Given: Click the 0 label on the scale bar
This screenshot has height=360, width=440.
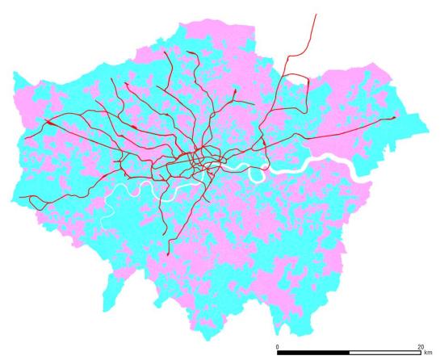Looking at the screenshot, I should (x=277, y=346).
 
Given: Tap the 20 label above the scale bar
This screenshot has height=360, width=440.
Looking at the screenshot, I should (x=420, y=346).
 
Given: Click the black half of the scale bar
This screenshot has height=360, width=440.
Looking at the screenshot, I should (x=312, y=353).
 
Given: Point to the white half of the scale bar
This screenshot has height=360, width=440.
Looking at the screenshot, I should (x=384, y=353).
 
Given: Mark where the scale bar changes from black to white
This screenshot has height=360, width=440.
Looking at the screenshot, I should (x=349, y=353).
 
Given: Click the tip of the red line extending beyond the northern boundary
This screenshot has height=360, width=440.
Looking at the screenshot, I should (x=315, y=13).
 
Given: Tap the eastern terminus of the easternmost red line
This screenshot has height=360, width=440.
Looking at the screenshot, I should (x=395, y=118).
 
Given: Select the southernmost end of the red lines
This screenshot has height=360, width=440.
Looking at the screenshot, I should (x=167, y=254).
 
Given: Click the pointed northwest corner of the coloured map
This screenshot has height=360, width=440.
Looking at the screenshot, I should (x=14, y=73).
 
